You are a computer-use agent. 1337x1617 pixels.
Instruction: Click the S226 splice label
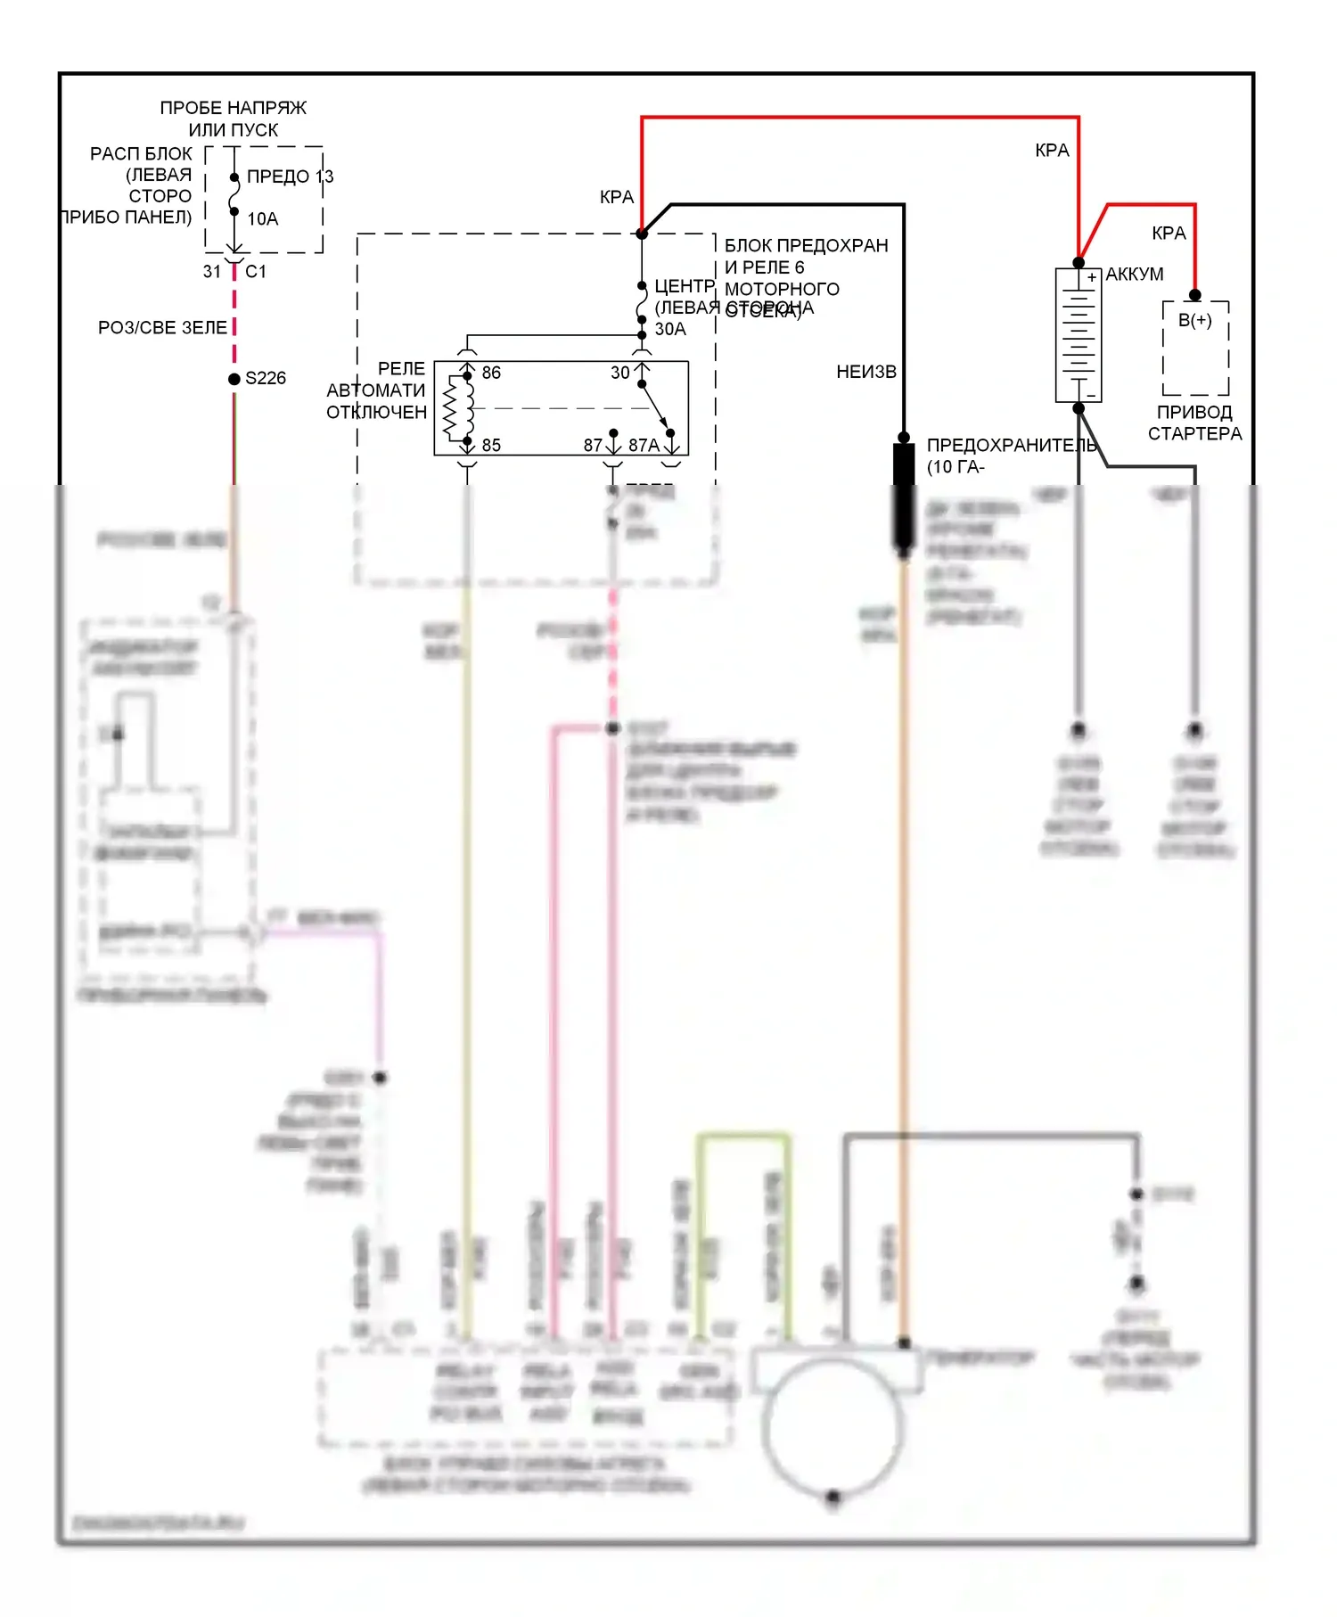pos(266,378)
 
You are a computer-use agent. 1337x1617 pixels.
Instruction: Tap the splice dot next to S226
pos(234,379)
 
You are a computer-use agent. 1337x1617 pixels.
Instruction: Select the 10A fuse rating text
pos(262,218)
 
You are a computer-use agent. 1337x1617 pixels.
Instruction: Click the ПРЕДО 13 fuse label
pos(290,176)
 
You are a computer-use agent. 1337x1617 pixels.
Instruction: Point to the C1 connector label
pos(256,271)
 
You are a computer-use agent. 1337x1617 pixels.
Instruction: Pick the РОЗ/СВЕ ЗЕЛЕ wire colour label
pos(162,328)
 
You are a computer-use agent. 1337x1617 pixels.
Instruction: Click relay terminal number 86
pos(491,373)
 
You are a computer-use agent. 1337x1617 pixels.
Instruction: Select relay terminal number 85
pos(491,445)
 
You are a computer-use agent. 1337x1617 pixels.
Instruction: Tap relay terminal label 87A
pos(644,445)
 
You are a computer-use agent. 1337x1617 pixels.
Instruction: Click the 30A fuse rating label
pos(670,329)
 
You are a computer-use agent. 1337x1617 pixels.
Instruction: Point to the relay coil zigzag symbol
pos(455,408)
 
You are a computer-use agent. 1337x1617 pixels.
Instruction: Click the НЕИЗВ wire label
pos(865,372)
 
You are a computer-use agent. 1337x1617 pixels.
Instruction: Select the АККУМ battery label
pos(1134,275)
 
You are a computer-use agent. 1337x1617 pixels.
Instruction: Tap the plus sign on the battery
pos(1091,277)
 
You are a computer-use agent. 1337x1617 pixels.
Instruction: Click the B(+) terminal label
pos(1194,320)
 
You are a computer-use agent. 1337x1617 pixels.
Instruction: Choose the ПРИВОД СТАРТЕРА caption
pos(1194,423)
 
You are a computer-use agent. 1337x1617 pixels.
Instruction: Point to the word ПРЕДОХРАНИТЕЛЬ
pos(1011,445)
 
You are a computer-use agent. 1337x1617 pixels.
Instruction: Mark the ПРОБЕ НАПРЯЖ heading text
pos(233,108)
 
